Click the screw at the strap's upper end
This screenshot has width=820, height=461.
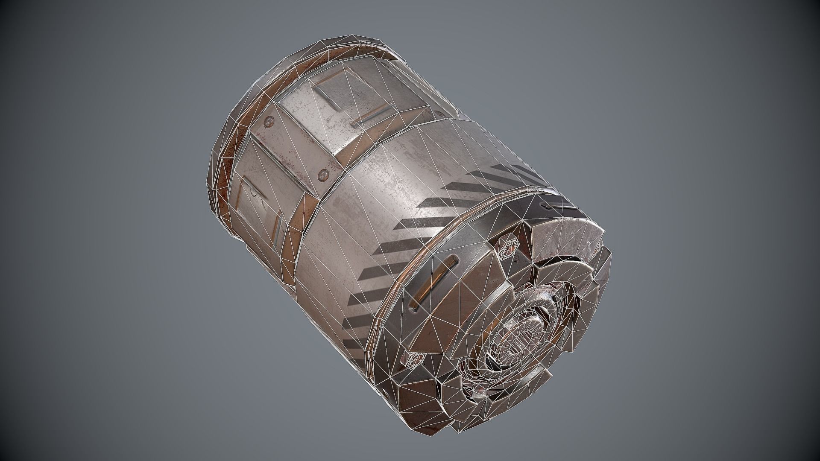(x=269, y=122)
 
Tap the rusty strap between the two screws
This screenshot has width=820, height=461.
(x=295, y=147)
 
